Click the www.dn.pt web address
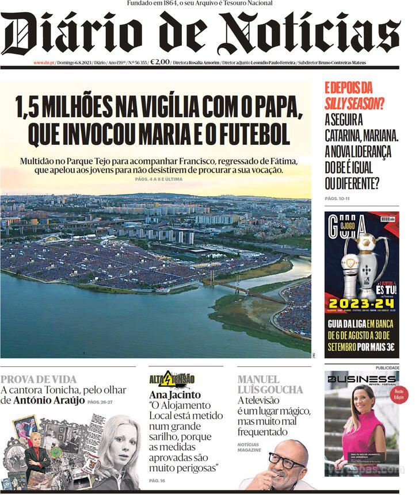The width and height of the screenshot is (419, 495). tap(44, 63)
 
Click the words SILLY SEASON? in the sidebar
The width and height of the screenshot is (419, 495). tap(355, 103)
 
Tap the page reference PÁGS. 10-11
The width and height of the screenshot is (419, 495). tap(337, 198)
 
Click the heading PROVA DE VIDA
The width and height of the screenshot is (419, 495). tap(39, 379)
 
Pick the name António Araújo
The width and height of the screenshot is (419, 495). tap(49, 400)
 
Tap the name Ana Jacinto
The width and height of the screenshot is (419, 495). tap(175, 395)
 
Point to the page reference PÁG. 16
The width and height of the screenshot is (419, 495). tap(157, 480)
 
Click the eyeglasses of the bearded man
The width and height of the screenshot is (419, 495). tap(287, 459)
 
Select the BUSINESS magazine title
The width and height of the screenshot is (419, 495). tap(361, 379)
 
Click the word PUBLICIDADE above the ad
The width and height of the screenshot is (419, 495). tap(387, 368)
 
